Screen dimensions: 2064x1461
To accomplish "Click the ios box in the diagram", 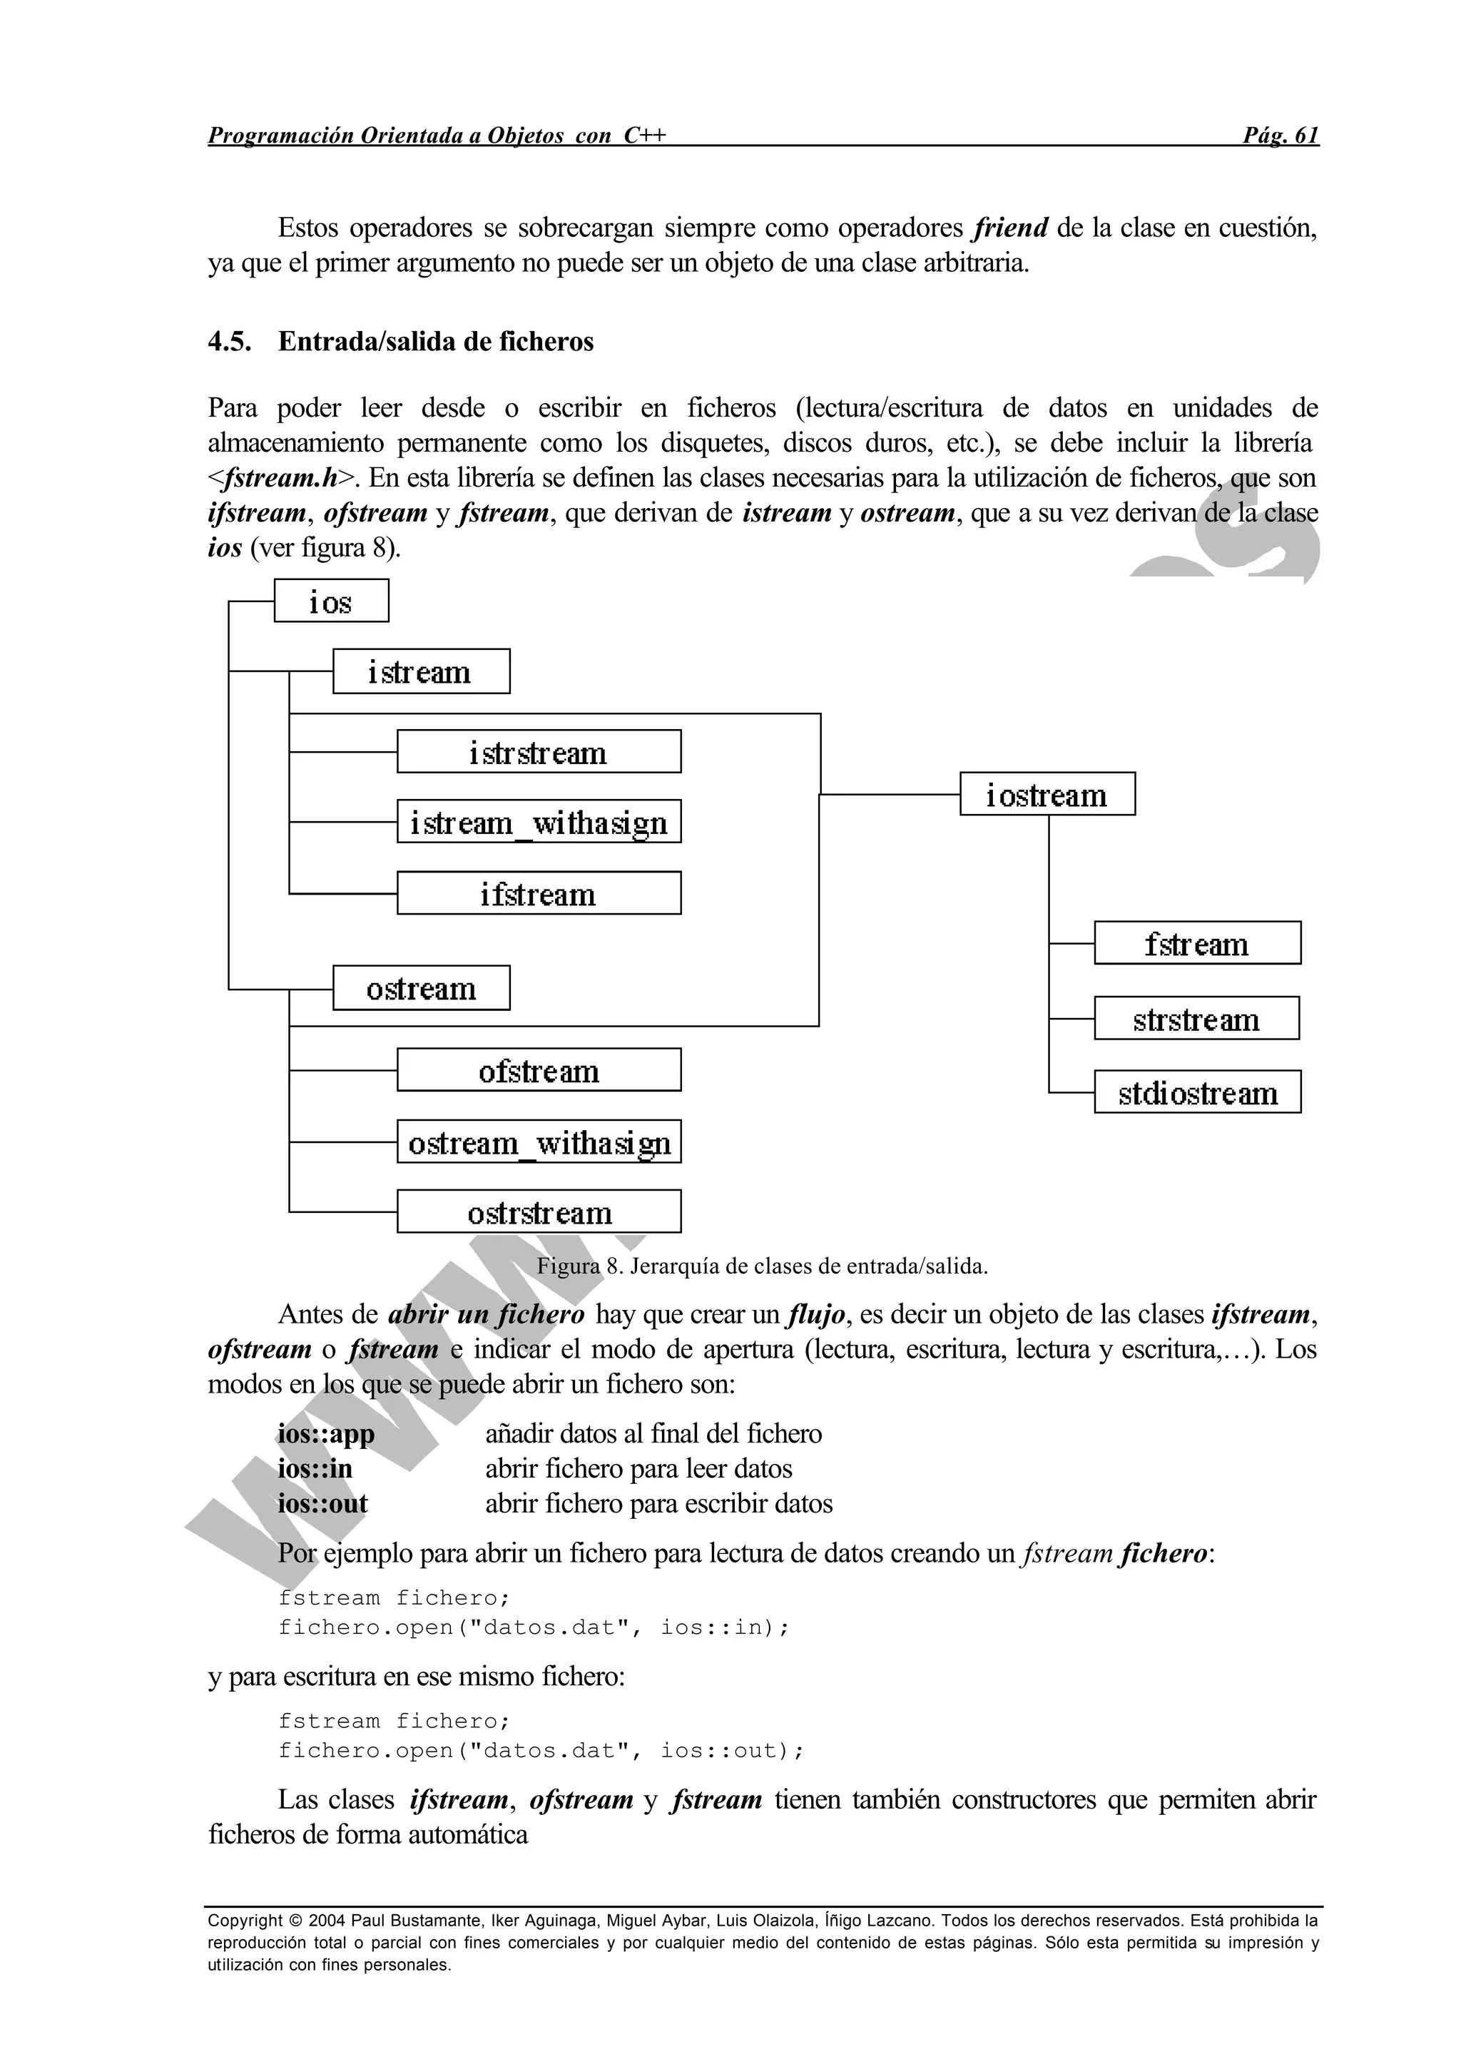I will click(331, 601).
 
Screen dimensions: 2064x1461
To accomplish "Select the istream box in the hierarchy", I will click(421, 671).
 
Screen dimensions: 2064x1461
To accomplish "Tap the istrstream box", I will click(539, 751).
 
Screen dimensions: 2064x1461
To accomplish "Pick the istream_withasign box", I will click(539, 821).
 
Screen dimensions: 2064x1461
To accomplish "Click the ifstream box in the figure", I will click(539, 893).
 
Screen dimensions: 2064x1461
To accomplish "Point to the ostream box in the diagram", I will click(421, 988).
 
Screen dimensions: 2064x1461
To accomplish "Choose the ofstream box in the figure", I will click(539, 1069).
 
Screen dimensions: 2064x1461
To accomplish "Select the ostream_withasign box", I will click(539, 1142).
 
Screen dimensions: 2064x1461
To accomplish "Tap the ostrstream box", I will click(539, 1212).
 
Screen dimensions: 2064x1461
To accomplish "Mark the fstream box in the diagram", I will click(1198, 943).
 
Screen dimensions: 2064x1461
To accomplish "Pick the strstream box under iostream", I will click(1196, 1019).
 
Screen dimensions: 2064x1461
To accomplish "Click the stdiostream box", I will click(1198, 1092).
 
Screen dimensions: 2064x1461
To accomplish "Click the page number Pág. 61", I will click(1281, 136).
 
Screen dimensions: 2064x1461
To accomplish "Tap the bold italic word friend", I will click(1010, 228).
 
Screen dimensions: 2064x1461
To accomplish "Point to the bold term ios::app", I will click(326, 1433).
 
